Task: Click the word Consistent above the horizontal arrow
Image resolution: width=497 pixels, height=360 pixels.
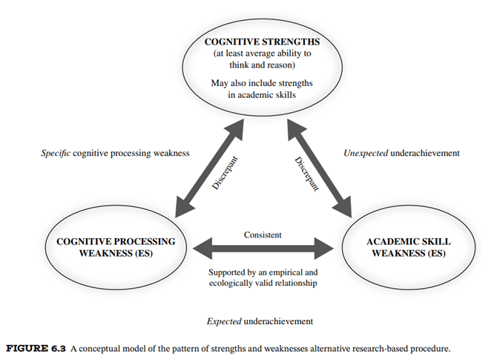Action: tap(263, 235)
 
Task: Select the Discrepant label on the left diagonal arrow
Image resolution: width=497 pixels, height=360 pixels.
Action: tap(224, 173)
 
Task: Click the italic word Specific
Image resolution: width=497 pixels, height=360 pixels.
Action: tap(56, 154)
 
